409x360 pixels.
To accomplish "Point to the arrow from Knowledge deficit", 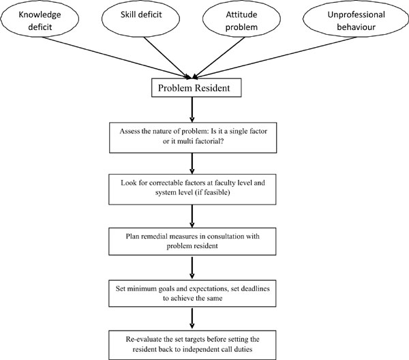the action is click(117, 57).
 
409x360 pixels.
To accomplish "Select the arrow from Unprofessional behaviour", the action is click(275, 57).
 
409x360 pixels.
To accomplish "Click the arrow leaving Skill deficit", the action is click(167, 58).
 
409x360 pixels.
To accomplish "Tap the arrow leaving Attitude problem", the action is click(219, 58).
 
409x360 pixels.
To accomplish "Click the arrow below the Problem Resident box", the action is click(192, 110).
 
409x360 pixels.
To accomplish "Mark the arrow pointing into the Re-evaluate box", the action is click(192, 318).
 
